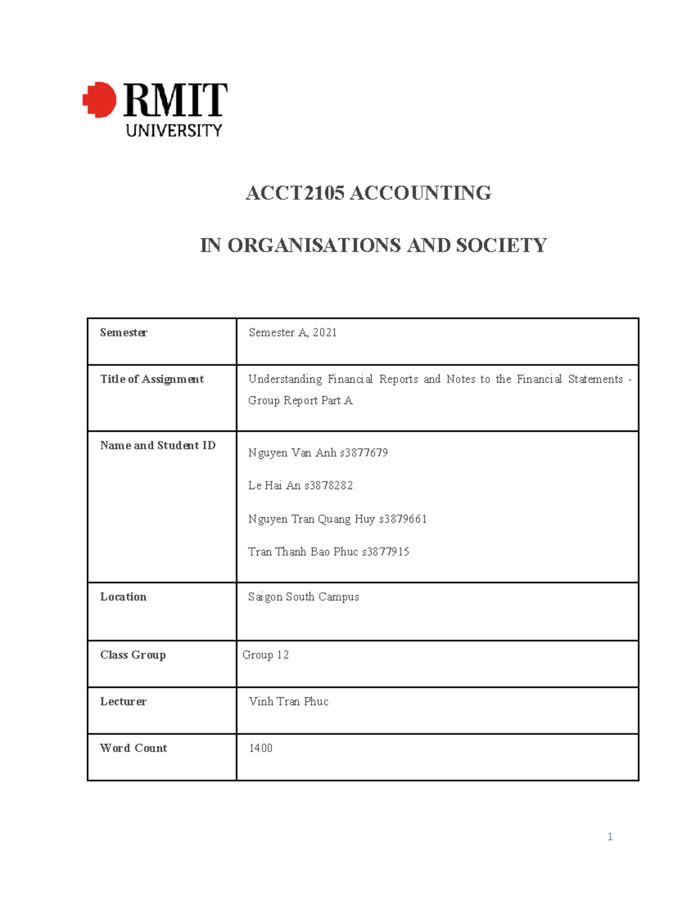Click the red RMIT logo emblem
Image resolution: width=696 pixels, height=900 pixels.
[100, 100]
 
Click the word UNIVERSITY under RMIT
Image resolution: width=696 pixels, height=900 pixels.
[174, 130]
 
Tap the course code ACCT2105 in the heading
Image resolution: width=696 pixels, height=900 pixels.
[295, 193]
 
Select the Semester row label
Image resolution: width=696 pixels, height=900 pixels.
[124, 333]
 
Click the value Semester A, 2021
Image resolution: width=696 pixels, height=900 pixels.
[292, 333]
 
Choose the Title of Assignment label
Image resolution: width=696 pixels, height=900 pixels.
[152, 379]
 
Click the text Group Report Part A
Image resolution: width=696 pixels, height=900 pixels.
[300, 400]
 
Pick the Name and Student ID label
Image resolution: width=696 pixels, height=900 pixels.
[158, 445]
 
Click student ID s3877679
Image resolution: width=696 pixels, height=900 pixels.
[364, 453]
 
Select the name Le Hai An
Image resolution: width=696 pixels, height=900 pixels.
[274, 486]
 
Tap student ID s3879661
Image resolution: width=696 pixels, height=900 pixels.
[403, 519]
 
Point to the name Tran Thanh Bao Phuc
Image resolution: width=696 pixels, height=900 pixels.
[303, 552]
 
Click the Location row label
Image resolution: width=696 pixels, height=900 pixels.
[124, 597]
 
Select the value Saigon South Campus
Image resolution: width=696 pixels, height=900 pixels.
[303, 597]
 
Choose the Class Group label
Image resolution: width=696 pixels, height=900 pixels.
[133, 655]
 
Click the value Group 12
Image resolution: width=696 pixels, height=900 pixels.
[266, 655]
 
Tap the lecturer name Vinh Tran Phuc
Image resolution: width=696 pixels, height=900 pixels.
[289, 701]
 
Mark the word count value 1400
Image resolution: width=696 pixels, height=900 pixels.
[260, 748]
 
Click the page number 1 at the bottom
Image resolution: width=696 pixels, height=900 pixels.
[610, 836]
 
